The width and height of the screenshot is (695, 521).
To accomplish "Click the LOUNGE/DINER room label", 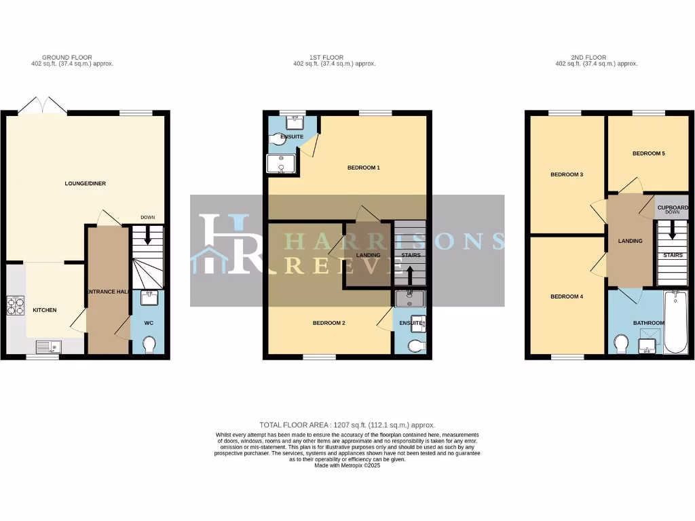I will (85, 183).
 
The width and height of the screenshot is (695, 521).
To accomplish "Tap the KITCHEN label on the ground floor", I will (44, 310).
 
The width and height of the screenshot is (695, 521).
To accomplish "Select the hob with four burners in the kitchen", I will (15, 306).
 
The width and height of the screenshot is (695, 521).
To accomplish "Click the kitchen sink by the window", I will (49, 347).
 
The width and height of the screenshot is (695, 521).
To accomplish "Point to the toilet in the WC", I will (150, 346).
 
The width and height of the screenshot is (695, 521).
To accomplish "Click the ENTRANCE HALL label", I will (107, 291).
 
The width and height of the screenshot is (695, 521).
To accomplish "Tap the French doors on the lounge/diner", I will (43, 106).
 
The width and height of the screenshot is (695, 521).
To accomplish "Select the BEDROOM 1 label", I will (363, 168).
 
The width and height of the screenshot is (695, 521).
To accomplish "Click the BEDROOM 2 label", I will (329, 324).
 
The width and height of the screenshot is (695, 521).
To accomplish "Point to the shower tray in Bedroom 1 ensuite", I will (281, 164).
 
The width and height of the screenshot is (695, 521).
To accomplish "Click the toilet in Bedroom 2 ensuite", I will (416, 346).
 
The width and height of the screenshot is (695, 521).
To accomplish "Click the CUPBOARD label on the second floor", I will (672, 207).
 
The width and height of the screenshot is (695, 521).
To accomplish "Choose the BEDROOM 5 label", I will (648, 154).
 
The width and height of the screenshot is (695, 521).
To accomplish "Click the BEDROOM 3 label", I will (567, 174).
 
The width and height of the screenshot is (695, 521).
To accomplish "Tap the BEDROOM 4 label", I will (566, 296).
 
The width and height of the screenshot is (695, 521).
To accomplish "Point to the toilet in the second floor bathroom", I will (620, 345).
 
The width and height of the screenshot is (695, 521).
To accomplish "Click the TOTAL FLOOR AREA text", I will (347, 424).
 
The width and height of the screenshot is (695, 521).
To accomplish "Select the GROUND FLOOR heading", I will (67, 58).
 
